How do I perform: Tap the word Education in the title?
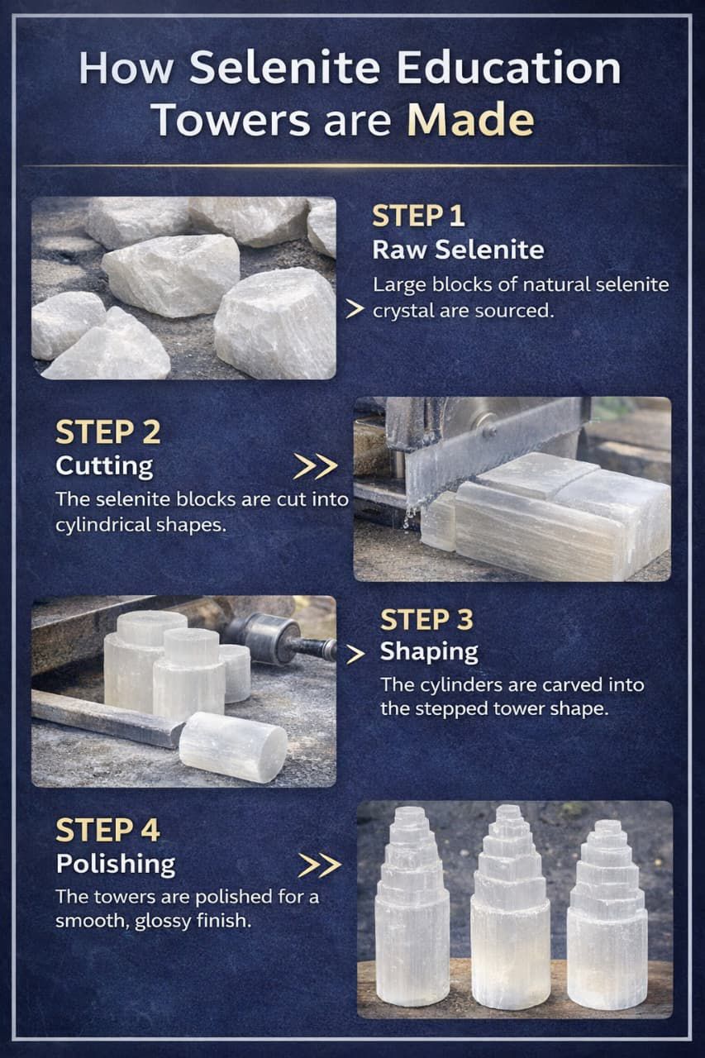click(508, 68)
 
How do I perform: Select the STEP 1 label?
click(418, 217)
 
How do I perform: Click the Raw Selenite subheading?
click(458, 250)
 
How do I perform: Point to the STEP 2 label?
click(108, 432)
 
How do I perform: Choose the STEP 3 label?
click(426, 619)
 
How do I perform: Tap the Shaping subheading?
click(429, 652)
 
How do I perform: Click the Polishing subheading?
click(116, 865)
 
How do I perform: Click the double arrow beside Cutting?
click(315, 467)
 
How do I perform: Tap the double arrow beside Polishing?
click(320, 865)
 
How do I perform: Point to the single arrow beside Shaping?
click(355, 654)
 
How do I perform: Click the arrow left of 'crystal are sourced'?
click(355, 309)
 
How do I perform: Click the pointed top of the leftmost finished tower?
click(409, 809)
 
